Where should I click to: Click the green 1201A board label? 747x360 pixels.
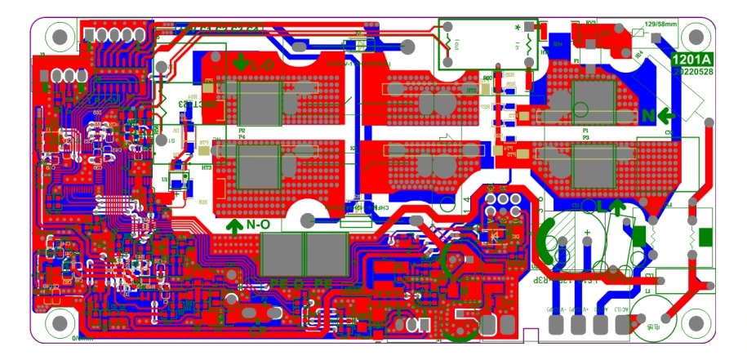click(x=691, y=60)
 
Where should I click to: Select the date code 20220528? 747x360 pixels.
click(x=691, y=72)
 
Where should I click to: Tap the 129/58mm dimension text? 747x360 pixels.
click(x=662, y=24)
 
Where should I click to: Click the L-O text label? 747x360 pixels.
click(x=263, y=62)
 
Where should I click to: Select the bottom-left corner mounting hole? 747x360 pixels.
click(x=60, y=325)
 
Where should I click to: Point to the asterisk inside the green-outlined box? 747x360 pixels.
click(x=518, y=28)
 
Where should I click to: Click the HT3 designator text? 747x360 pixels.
click(x=207, y=167)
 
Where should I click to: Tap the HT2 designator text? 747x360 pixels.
click(x=470, y=90)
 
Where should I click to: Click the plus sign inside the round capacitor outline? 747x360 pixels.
click(x=587, y=232)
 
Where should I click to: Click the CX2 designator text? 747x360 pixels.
click(x=668, y=133)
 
